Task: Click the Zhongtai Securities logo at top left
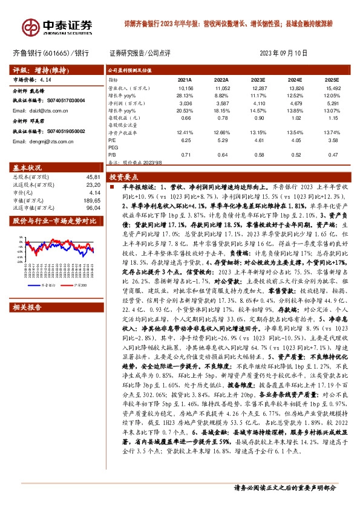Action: (58, 27)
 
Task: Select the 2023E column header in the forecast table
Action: (258, 79)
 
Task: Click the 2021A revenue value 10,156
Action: (185, 88)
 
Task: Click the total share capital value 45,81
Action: (93, 176)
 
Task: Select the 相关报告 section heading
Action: (28, 291)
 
